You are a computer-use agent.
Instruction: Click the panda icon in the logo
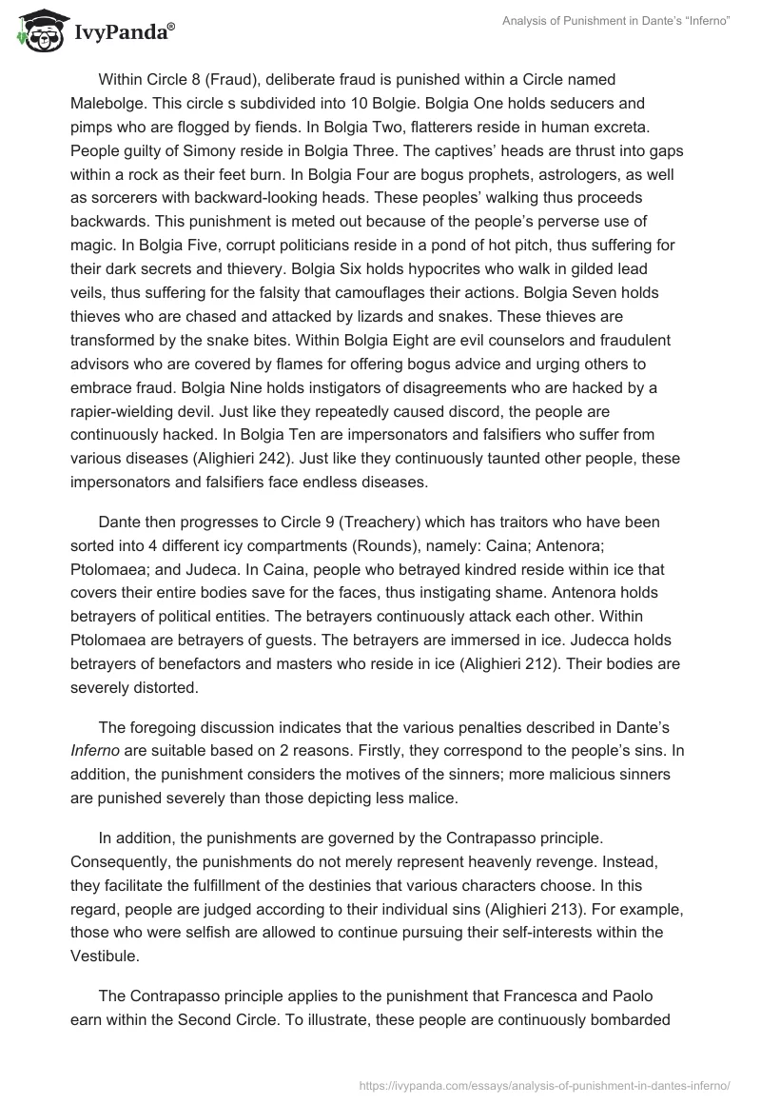coord(35,30)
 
